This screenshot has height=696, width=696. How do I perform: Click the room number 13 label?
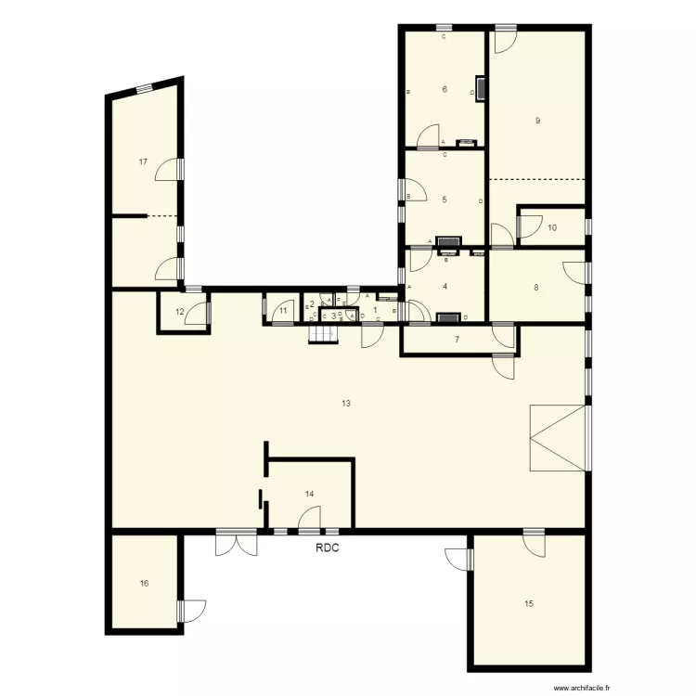345,403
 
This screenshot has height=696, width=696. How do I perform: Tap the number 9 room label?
538,121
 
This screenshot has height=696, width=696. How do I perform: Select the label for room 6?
445,90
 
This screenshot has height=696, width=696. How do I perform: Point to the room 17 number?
143,161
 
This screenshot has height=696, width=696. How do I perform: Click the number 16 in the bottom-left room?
144,584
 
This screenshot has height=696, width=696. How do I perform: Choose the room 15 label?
529,604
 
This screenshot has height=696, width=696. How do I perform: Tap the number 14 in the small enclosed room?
309,494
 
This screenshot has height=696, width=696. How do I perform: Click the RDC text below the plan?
327,548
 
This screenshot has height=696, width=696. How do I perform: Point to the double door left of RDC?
236,543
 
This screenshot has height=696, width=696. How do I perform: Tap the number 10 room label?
552,227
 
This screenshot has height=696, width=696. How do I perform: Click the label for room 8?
535,288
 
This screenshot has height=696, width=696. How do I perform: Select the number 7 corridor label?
457,340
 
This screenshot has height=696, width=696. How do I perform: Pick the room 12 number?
179,311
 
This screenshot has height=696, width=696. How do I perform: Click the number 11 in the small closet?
283,311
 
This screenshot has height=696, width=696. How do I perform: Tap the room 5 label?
445,200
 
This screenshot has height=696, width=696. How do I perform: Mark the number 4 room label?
445,287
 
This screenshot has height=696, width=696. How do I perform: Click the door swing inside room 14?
309,519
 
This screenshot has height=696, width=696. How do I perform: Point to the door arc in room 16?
192,610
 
